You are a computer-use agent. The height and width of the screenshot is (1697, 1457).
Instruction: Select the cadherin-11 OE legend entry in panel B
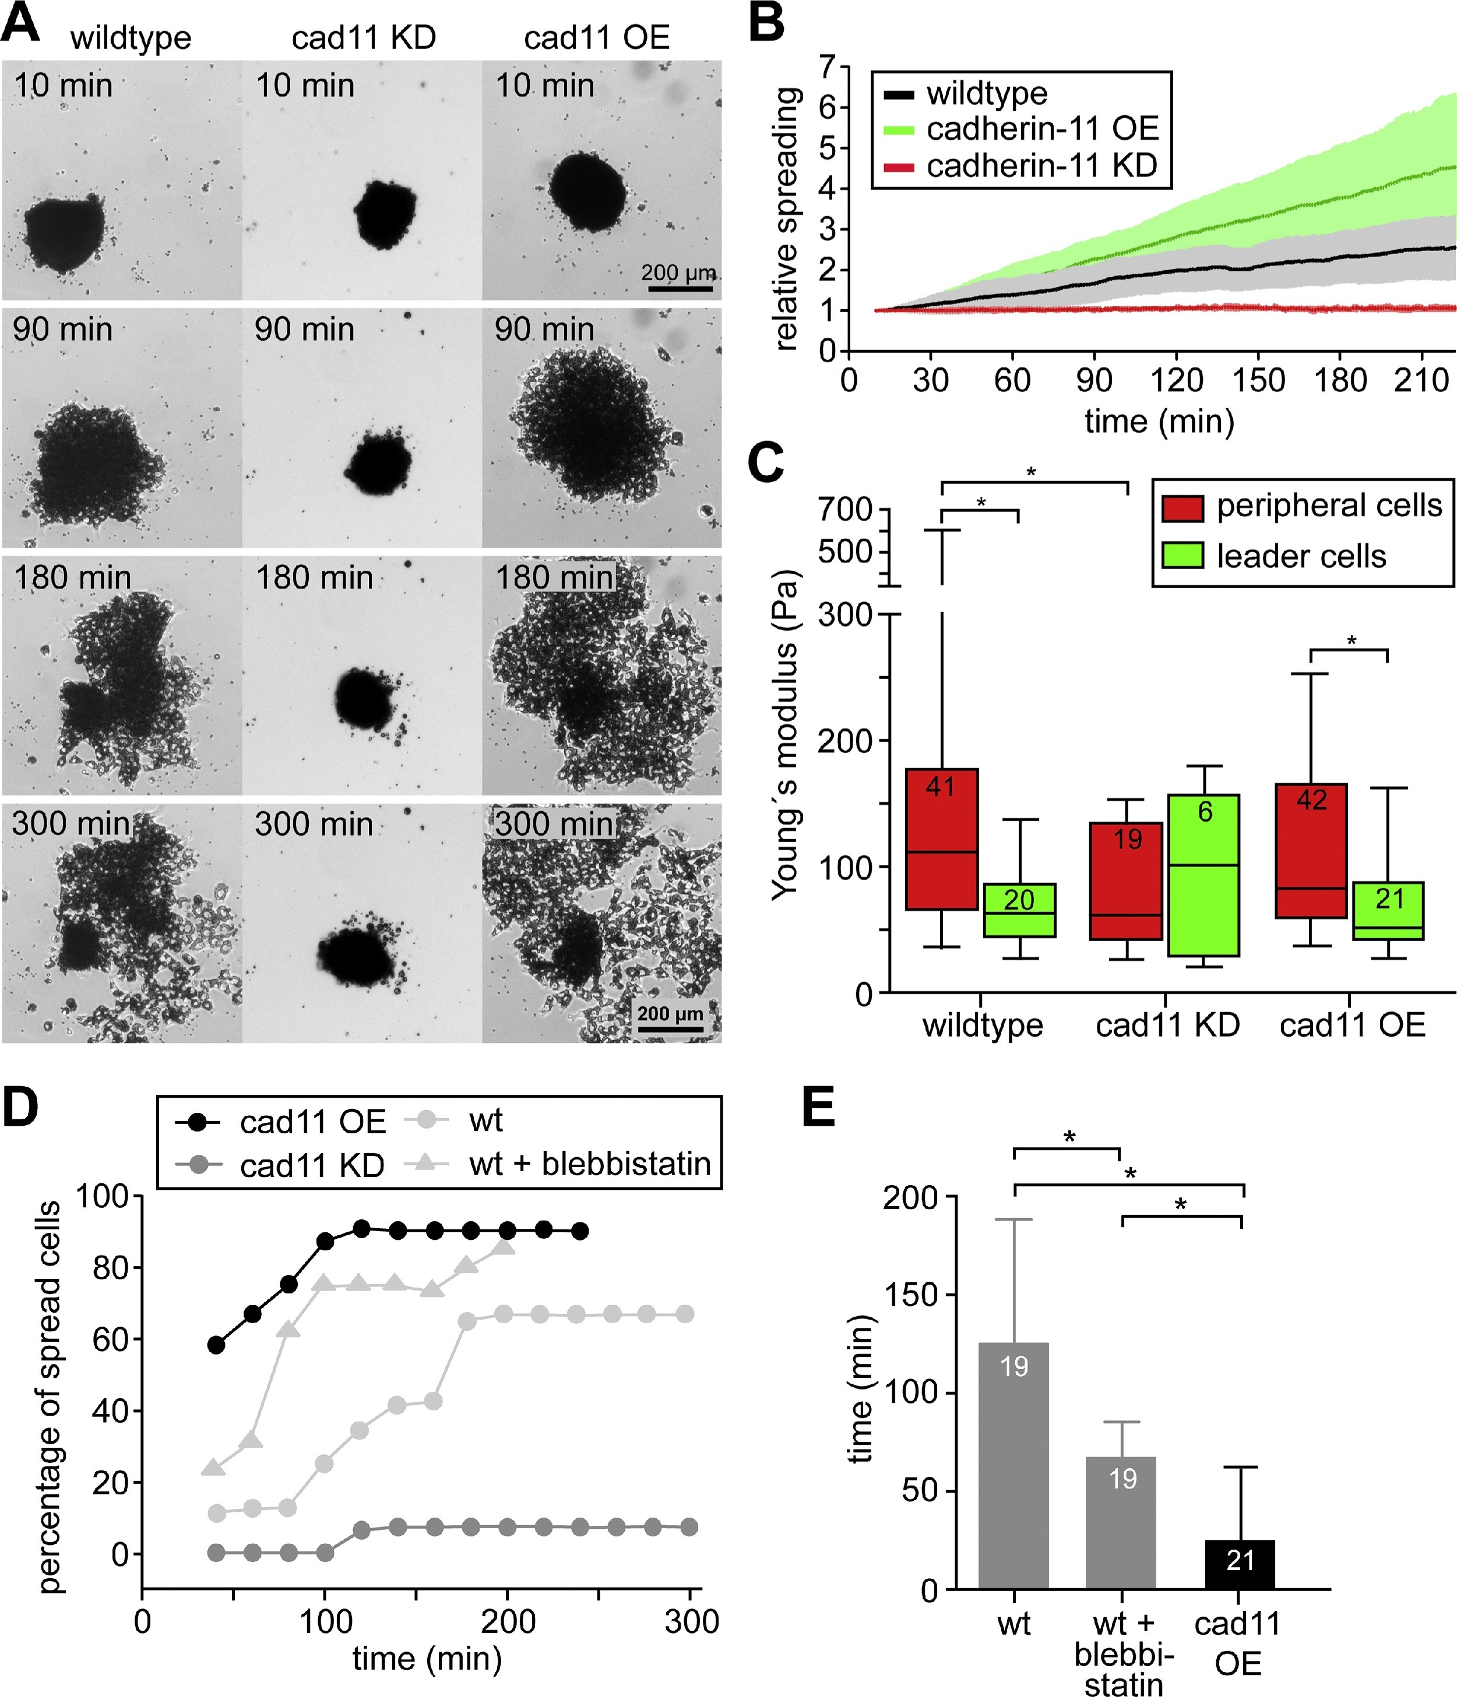(1041, 129)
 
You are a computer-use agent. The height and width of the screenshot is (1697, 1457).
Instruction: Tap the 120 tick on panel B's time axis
(1176, 380)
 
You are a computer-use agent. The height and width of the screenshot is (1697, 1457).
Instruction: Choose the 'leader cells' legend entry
(1300, 556)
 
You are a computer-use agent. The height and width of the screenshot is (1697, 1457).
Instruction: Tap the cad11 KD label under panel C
(1167, 1024)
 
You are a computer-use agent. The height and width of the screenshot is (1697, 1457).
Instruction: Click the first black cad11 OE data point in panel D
(216, 1345)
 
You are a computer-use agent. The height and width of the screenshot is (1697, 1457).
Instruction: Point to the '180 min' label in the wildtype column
(72, 577)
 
